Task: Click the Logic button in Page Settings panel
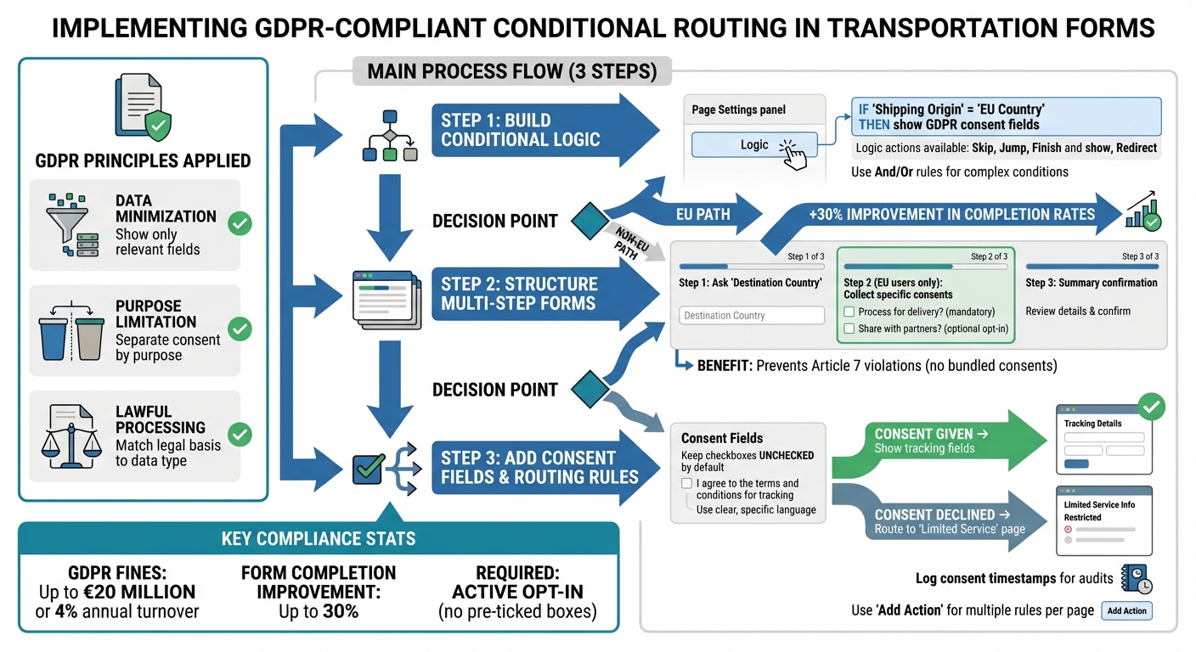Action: pyautogui.click(x=753, y=145)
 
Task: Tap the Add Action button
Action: pyautogui.click(x=1126, y=610)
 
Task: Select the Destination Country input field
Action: pyautogui.click(x=752, y=315)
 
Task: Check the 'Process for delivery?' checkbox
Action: pyautogui.click(x=849, y=312)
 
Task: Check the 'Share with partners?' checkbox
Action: pyautogui.click(x=849, y=329)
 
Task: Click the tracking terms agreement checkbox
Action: pyautogui.click(x=686, y=483)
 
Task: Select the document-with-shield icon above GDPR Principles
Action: pyautogui.click(x=144, y=108)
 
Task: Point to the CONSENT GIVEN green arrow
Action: pyautogui.click(x=934, y=441)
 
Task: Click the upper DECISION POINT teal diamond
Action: pyautogui.click(x=585, y=222)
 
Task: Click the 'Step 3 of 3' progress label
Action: pyautogui.click(x=1140, y=256)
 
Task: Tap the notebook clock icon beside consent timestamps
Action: pyautogui.click(x=1136, y=580)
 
